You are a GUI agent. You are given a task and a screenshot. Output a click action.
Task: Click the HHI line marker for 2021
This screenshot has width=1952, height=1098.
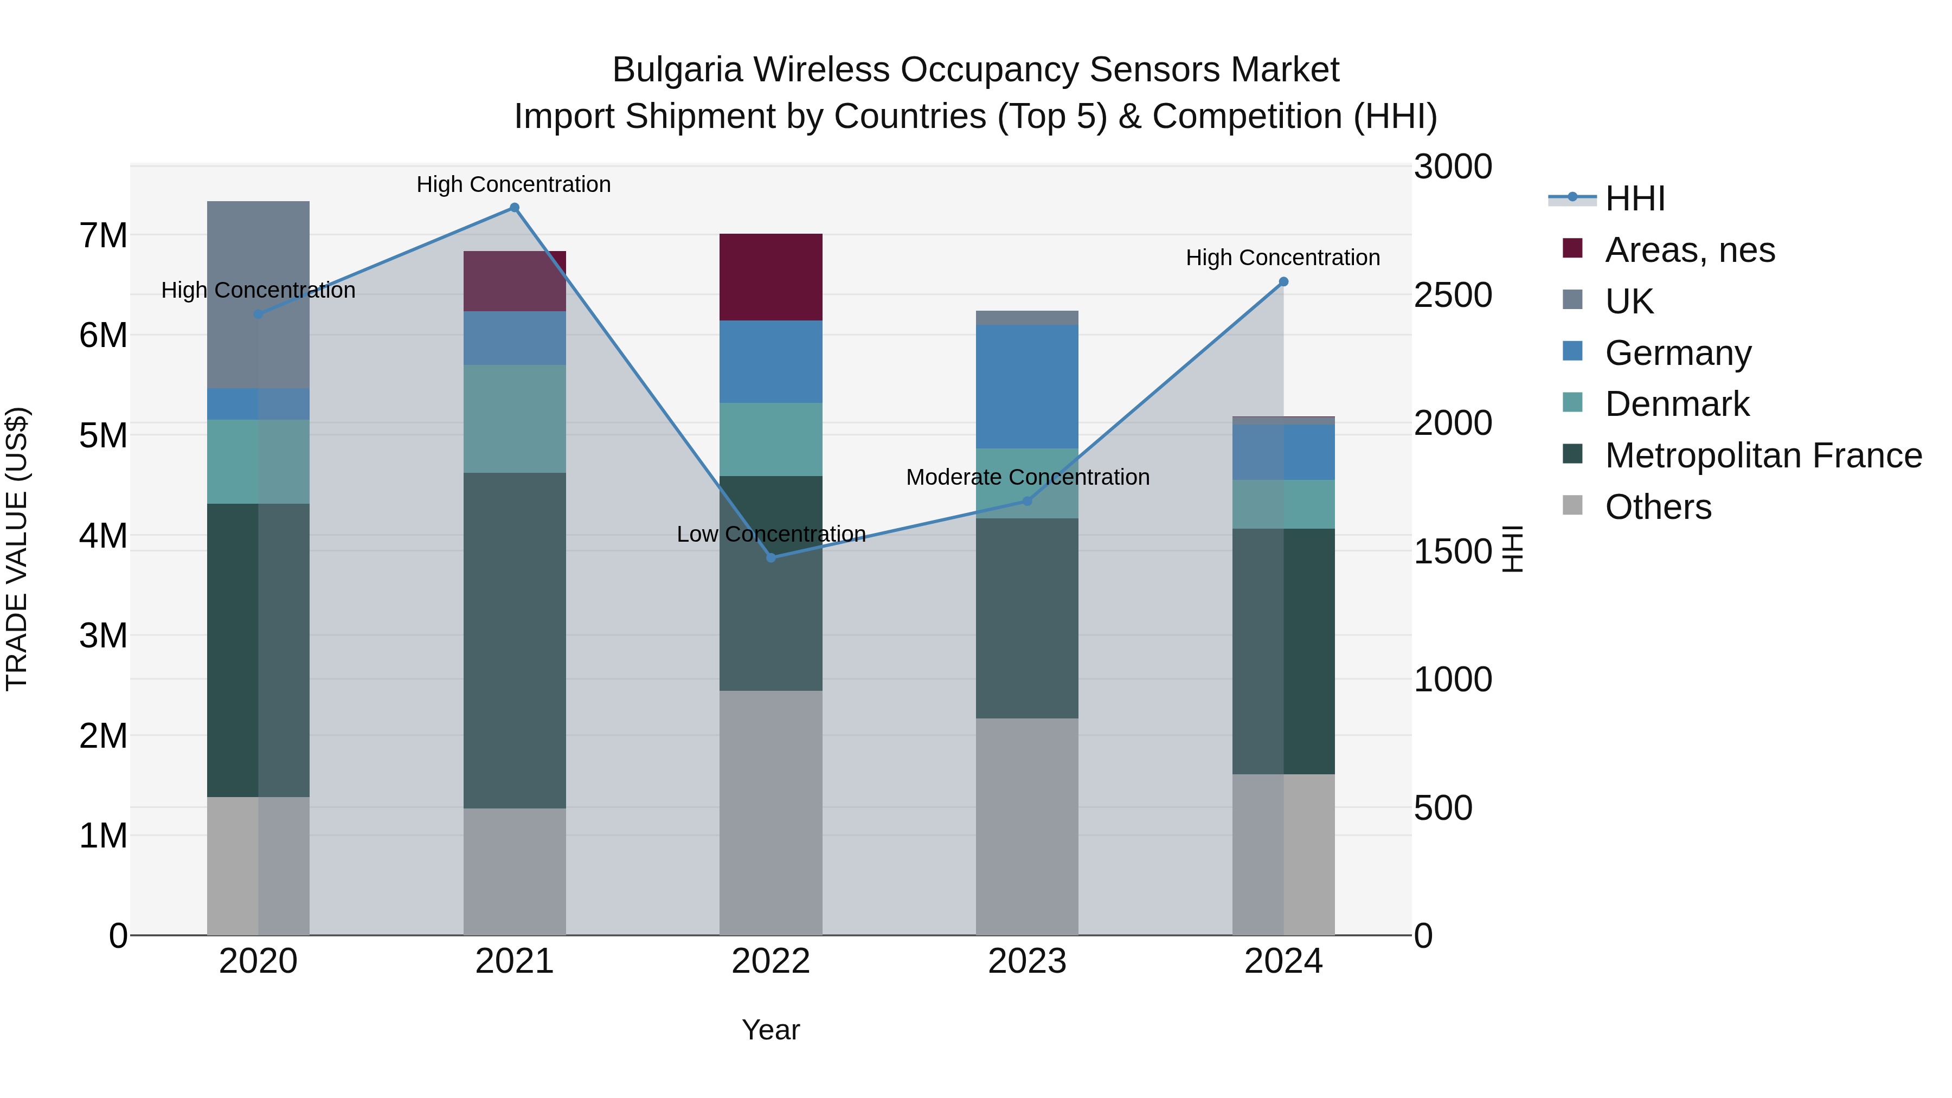point(515,208)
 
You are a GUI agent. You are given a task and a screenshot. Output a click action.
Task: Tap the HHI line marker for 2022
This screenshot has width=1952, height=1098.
point(770,558)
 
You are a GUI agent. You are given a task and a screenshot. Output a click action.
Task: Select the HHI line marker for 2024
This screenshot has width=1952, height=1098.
point(1283,282)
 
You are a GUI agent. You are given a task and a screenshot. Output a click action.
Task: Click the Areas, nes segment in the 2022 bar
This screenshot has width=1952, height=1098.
point(770,277)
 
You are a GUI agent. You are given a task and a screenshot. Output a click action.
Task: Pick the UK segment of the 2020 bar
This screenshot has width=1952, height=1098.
point(259,295)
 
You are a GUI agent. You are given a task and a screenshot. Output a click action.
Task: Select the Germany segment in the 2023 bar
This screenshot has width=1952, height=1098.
point(1027,387)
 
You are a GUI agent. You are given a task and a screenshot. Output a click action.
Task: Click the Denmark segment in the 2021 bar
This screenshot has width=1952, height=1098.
point(515,419)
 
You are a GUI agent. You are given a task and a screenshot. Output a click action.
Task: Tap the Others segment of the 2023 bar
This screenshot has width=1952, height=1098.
point(1027,826)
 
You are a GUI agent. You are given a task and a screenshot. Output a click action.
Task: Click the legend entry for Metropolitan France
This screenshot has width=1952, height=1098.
point(1763,455)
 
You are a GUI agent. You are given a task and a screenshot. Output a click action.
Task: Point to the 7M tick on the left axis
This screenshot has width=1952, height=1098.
point(104,236)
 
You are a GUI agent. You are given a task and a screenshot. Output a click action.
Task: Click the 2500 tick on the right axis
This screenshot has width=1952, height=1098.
point(1453,295)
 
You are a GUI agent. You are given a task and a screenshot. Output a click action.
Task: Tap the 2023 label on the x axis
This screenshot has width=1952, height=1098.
point(1027,961)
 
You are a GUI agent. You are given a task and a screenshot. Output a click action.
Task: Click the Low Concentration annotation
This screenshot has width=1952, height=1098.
point(770,534)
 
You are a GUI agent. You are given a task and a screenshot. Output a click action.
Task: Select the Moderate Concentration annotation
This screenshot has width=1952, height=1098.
point(1028,477)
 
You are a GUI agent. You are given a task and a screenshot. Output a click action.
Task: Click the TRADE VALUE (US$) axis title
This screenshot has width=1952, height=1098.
point(17,549)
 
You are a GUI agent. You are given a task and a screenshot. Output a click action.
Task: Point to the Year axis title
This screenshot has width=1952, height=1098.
point(770,1030)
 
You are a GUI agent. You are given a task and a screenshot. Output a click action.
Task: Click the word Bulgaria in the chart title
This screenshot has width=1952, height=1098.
point(677,70)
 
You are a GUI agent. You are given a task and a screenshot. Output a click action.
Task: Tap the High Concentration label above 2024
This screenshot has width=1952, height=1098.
point(1282,258)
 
